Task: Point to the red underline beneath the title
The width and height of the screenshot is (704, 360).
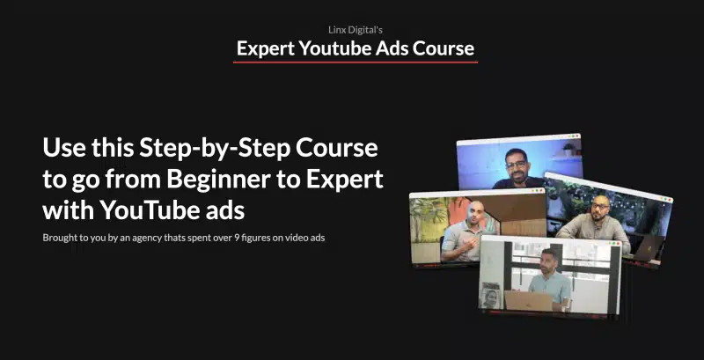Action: [356, 62]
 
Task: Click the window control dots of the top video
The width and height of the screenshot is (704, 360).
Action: [573, 136]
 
